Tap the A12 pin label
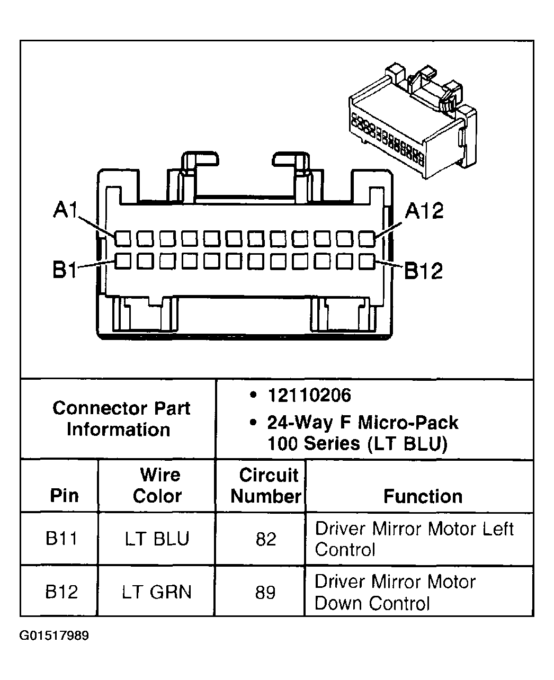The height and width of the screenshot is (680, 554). (424, 211)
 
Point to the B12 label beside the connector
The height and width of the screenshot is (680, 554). (423, 271)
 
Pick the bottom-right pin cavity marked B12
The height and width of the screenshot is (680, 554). (366, 261)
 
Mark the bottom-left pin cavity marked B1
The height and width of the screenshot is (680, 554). (122, 261)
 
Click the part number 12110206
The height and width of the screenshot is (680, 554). (309, 395)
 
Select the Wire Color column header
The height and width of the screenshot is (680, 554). (157, 485)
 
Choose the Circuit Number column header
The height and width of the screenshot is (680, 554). (267, 485)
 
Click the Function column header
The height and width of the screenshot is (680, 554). (423, 496)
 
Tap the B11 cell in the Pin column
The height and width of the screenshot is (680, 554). (61, 539)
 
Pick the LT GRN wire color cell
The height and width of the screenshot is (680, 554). (157, 592)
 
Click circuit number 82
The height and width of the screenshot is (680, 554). (265, 539)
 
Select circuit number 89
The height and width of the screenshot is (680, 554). (265, 592)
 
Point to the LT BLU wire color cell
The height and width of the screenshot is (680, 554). (157, 539)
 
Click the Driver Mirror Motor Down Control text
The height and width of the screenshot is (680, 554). (395, 592)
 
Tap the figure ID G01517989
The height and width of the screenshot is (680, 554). (55, 636)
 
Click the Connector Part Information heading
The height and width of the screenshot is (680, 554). (121, 418)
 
